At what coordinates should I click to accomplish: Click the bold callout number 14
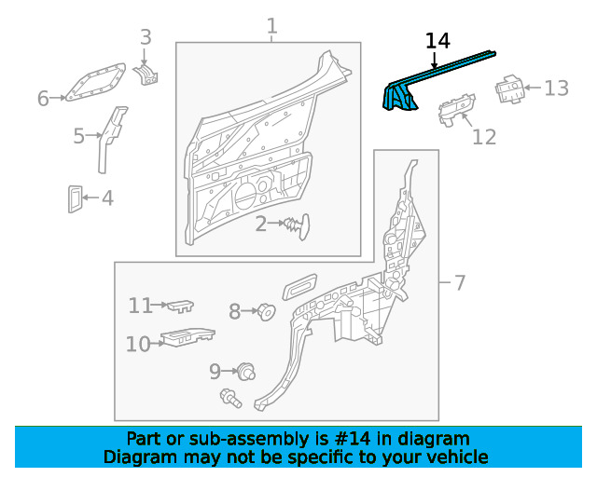coord(437,41)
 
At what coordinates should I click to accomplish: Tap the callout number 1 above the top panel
coord(271,26)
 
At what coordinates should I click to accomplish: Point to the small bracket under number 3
coord(146,75)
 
